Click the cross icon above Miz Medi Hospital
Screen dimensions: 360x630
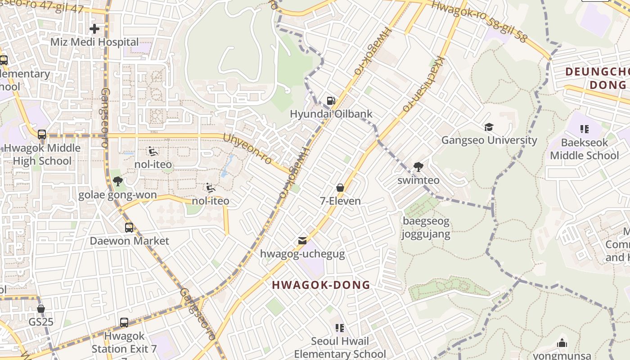click(94, 29)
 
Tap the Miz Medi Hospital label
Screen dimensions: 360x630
click(94, 42)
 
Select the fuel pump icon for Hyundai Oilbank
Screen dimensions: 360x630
click(331, 101)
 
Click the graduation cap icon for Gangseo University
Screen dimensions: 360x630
click(489, 127)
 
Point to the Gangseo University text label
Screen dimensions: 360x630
click(489, 140)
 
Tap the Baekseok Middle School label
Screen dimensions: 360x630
click(584, 149)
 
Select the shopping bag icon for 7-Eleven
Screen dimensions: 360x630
click(340, 188)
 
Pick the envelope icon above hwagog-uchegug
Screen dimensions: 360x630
click(302, 241)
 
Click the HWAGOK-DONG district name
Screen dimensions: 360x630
click(321, 285)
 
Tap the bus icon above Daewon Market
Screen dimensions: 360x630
click(129, 228)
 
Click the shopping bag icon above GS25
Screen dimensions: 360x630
click(41, 309)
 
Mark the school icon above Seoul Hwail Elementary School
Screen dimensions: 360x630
click(340, 328)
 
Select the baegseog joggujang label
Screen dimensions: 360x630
click(426, 228)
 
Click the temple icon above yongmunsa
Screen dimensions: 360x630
click(562, 343)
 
